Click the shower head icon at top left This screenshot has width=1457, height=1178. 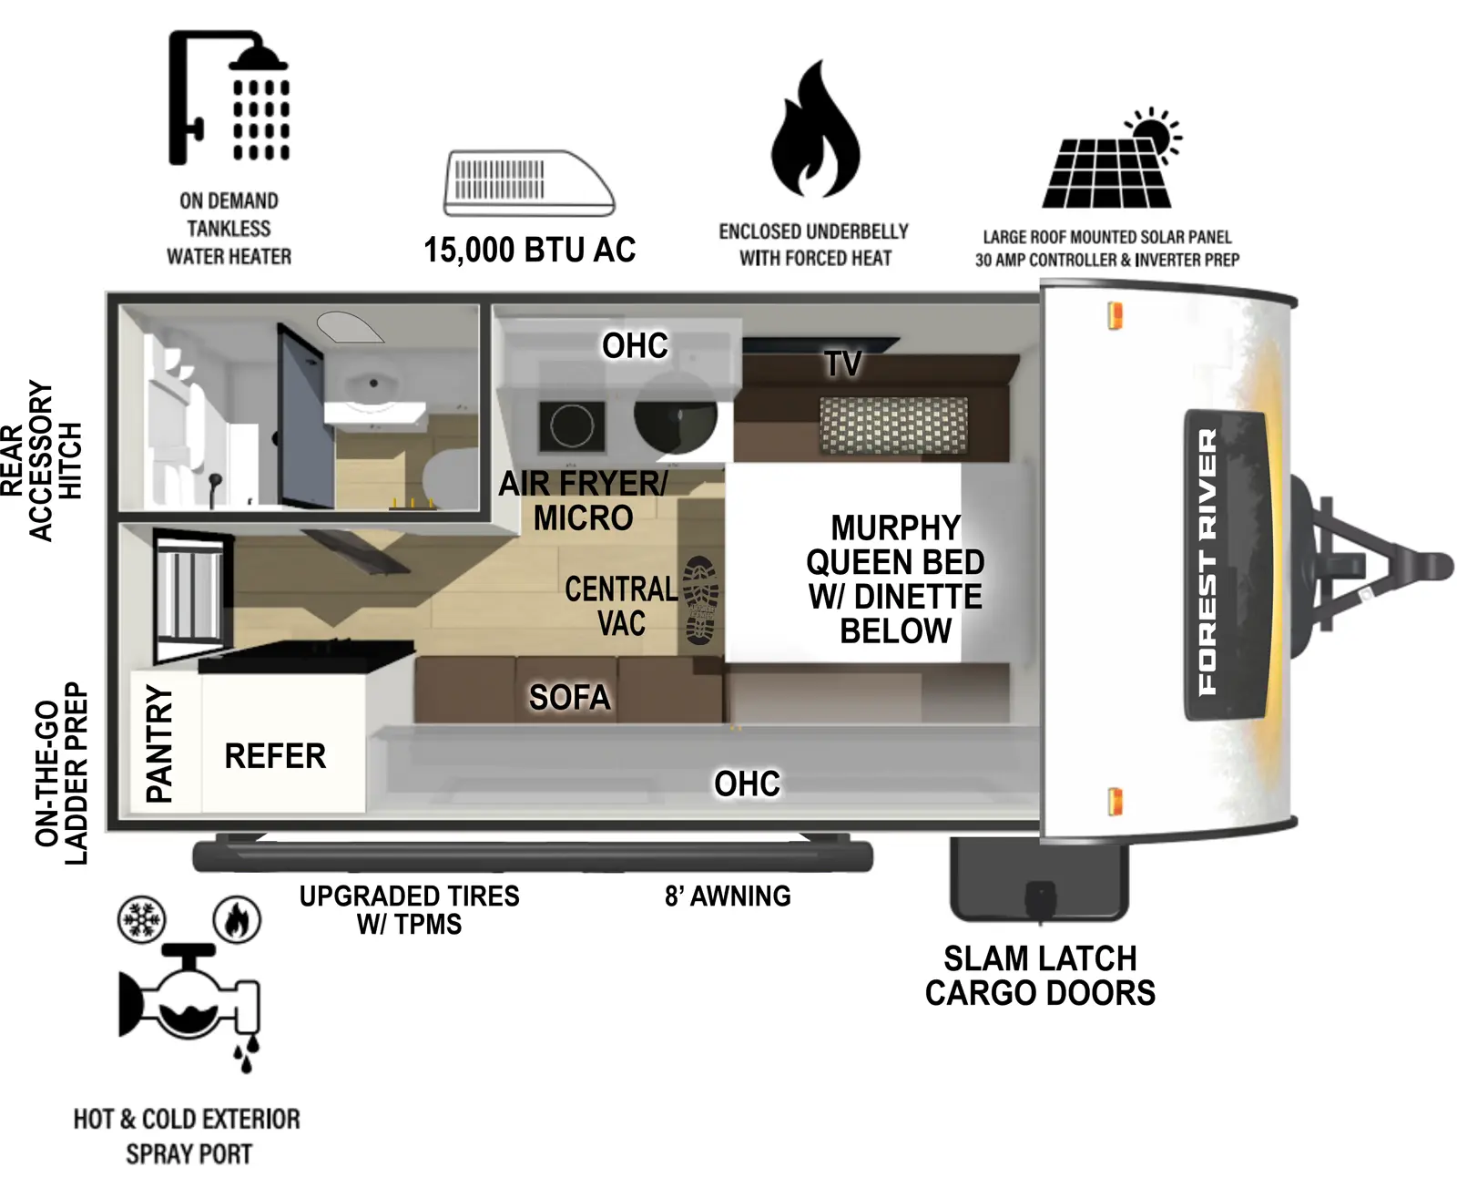(x=229, y=98)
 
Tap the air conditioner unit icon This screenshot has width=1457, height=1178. (x=528, y=183)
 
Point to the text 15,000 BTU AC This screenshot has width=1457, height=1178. (x=529, y=250)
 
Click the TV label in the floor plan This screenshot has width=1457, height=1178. (x=843, y=364)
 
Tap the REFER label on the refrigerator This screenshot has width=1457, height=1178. (x=275, y=756)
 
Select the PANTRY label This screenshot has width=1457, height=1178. (x=159, y=744)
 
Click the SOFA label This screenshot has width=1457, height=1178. (x=569, y=698)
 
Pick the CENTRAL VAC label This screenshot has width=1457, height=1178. (x=621, y=607)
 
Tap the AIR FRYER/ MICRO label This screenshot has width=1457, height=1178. (x=583, y=500)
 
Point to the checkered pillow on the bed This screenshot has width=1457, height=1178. (x=893, y=425)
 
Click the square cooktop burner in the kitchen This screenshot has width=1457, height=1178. (x=572, y=425)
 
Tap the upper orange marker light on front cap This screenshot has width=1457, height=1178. (x=1115, y=316)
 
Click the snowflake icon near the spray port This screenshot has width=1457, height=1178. (x=142, y=919)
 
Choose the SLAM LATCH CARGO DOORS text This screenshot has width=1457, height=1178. (x=1040, y=976)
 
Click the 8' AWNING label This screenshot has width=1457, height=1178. (x=728, y=896)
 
